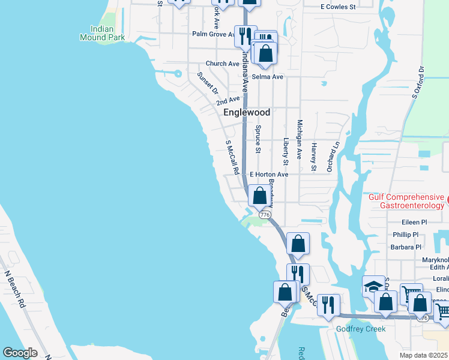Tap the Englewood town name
246,112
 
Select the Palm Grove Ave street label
212,34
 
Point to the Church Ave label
222,64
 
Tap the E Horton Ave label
269,174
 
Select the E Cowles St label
338,7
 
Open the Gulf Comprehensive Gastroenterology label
408,201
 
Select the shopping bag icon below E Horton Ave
259,196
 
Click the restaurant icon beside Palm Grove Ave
245,36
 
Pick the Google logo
20,352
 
